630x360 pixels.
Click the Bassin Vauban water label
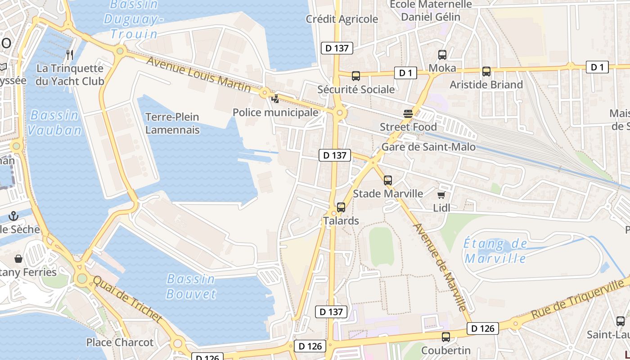tap(54, 122)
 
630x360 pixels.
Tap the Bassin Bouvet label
tap(191, 286)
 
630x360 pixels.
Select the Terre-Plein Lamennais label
tap(172, 123)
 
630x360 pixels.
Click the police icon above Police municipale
tap(275, 99)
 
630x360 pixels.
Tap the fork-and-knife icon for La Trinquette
tap(70, 55)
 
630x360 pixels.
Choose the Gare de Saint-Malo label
tap(428, 147)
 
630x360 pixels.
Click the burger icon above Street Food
tap(408, 114)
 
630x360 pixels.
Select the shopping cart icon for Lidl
tap(441, 195)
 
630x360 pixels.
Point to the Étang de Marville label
tap(495, 251)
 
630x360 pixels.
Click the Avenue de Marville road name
tap(439, 267)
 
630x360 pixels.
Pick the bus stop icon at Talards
tap(341, 207)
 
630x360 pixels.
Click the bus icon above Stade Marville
tap(388, 180)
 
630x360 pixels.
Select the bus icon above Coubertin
tap(446, 337)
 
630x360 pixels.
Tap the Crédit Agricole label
tap(342, 19)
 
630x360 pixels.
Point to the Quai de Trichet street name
tap(127, 298)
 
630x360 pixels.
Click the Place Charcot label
tap(120, 342)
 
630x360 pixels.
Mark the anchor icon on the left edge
tap(13, 216)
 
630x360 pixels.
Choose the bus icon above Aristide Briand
tap(486, 72)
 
